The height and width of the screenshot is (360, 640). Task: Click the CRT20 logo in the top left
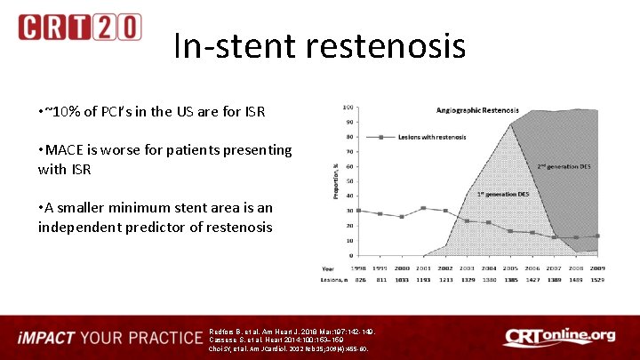pos(79,27)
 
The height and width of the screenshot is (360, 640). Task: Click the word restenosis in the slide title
pos(383,46)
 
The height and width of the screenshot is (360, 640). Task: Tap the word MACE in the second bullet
pos(65,150)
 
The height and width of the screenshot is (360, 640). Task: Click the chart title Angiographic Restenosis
pos(478,110)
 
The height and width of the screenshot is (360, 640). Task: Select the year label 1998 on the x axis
pos(357,267)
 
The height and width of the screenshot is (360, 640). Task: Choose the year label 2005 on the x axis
pos(510,267)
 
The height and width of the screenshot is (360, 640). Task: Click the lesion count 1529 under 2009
pos(597,280)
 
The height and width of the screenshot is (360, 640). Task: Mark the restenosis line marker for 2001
pos(423,208)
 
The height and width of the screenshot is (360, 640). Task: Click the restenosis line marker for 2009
pos(597,236)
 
